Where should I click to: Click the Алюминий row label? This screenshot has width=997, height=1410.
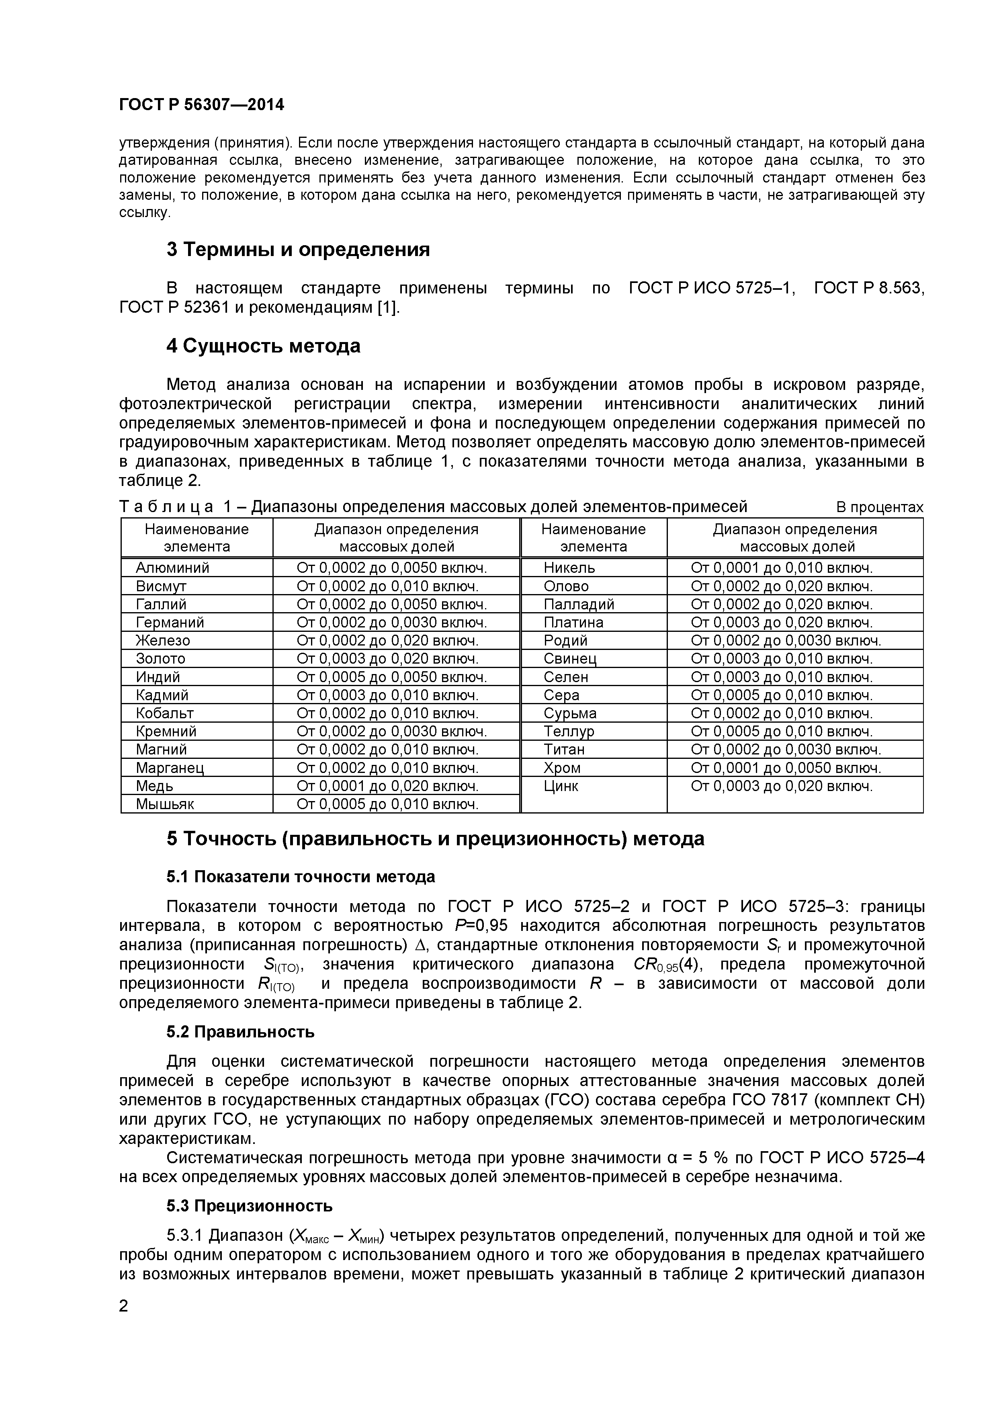click(172, 568)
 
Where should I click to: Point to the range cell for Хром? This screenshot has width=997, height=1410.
click(786, 768)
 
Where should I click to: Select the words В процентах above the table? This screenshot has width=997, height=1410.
click(879, 507)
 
